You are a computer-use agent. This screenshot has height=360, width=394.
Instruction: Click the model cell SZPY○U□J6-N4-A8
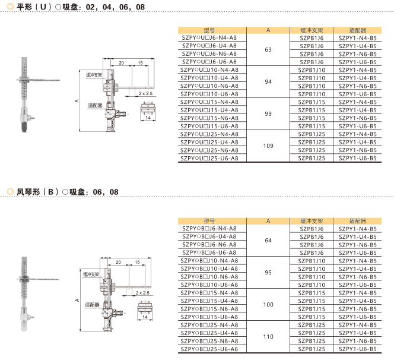point(209,38)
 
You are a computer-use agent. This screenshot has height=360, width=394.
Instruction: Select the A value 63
point(268,49)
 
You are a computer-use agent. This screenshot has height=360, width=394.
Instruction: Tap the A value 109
point(268,146)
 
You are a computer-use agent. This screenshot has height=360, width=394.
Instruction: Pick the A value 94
point(268,82)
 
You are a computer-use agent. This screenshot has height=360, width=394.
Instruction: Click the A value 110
point(268,337)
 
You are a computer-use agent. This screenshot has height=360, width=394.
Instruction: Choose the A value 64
point(268,240)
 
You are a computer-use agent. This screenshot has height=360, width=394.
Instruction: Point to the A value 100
point(268,304)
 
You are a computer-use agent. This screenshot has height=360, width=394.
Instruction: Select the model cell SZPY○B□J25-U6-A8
point(209,349)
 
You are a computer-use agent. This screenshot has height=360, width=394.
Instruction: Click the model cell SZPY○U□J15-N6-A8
point(209,118)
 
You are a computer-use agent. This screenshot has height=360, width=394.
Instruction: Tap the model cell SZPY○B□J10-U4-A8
point(209,269)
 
